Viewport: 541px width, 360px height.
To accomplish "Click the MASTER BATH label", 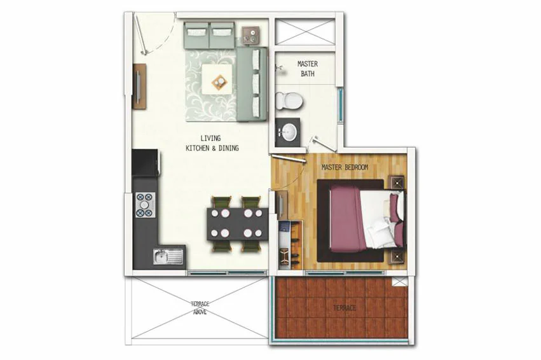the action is click(x=308, y=69).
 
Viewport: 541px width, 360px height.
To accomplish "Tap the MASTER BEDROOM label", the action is click(x=345, y=167).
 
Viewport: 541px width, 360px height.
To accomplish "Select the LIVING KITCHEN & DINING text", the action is click(x=212, y=143).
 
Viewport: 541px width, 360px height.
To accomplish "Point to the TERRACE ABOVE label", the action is click(x=200, y=308).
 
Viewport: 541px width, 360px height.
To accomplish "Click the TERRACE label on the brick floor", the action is click(x=345, y=308).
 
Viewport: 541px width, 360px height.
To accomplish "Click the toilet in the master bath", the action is click(x=289, y=100).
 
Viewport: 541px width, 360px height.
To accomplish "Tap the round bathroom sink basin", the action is click(x=288, y=132).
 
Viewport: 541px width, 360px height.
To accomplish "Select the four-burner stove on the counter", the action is click(x=144, y=205).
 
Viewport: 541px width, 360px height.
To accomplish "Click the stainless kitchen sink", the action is click(x=168, y=257).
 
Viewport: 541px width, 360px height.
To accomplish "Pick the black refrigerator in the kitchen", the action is click(x=145, y=162).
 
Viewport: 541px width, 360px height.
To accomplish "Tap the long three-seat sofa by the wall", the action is click(x=252, y=85).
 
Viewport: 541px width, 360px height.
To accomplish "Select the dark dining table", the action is click(x=237, y=224).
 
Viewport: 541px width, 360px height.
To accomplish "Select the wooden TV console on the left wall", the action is click(x=139, y=87).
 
